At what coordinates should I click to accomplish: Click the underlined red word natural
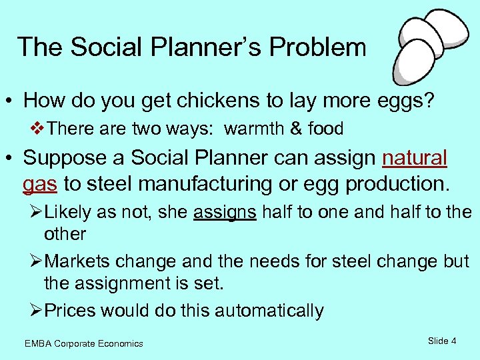pyautogui.click(x=415, y=158)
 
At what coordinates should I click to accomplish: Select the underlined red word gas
pyautogui.click(x=39, y=183)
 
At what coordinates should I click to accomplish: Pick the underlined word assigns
pyautogui.click(x=225, y=213)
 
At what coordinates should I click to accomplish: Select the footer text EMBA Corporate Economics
pyautogui.click(x=83, y=343)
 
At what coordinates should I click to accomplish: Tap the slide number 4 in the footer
pyautogui.click(x=453, y=341)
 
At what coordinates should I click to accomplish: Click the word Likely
pyautogui.click(x=71, y=213)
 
